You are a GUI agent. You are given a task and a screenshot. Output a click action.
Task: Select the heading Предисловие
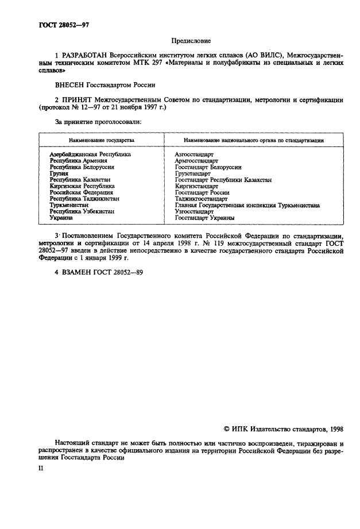191,40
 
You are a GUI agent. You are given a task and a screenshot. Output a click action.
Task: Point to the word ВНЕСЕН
70,85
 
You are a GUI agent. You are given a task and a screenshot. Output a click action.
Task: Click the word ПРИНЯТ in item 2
79,100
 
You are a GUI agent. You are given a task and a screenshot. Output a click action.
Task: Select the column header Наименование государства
102,140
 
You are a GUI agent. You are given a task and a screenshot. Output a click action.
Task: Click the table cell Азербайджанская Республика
90,155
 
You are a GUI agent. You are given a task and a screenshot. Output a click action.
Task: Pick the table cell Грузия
59,173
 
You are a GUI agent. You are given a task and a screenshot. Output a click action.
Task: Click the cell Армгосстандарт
196,161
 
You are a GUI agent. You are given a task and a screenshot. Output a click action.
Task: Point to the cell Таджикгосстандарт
201,199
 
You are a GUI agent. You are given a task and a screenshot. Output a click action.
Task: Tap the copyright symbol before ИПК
227,429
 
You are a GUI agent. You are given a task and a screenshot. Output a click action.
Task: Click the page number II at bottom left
41,468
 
